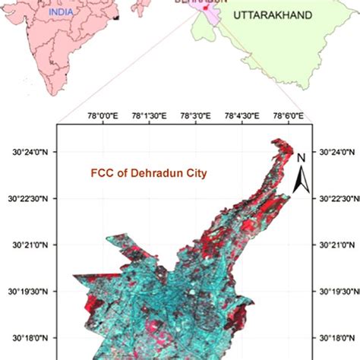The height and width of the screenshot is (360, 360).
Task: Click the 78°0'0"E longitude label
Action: coord(105,115)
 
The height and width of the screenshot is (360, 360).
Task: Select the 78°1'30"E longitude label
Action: coord(150,115)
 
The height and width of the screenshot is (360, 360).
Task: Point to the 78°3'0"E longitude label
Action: coord(195,115)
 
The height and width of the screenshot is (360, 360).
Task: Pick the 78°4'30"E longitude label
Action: coord(240,115)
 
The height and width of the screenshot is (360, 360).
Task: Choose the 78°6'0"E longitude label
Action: coord(286,115)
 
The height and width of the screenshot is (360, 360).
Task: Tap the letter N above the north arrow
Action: coord(301,158)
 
